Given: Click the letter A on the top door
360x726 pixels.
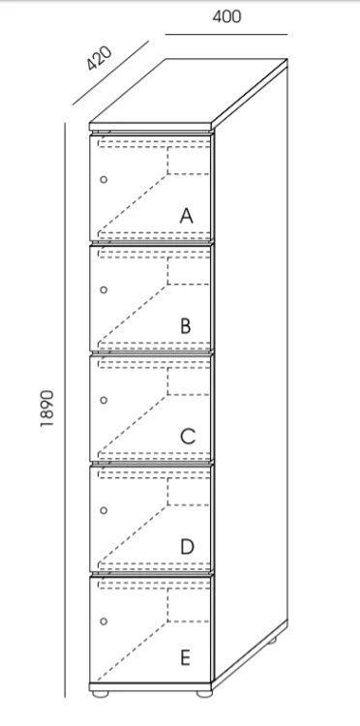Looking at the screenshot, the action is coord(186,216).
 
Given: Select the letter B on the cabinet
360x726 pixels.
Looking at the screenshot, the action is coord(186,326).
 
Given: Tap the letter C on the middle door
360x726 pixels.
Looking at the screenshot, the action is coord(188,437).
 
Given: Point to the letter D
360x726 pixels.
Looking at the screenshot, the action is coord(187,547).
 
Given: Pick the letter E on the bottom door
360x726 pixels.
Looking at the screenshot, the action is coord(185,657).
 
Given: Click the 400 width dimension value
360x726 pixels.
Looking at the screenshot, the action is coord(226,16).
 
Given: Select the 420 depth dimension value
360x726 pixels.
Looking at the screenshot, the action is coord(100,58).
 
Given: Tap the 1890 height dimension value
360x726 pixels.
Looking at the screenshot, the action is coord(47,408).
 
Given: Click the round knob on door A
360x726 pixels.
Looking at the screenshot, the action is coord(104,179).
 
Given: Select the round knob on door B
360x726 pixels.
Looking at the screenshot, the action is coord(104,289).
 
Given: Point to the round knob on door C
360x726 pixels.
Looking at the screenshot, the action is coord(104,400).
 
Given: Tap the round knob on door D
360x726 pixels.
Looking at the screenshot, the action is coord(104,510).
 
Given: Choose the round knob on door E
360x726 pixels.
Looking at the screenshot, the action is coord(104,620).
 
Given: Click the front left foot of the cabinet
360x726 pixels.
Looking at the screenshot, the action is coord(100,694).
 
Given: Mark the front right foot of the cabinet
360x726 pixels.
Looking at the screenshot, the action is coord(204,694).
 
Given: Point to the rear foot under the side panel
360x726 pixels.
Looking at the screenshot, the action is coord(272,641).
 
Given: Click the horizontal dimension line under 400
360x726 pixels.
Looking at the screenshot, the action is coord(226,34).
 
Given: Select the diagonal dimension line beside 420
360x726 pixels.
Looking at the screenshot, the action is coord(110,74).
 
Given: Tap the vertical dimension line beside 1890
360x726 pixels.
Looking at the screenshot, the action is coord(65,409).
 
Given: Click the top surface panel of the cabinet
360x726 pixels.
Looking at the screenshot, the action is coord(189,91).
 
